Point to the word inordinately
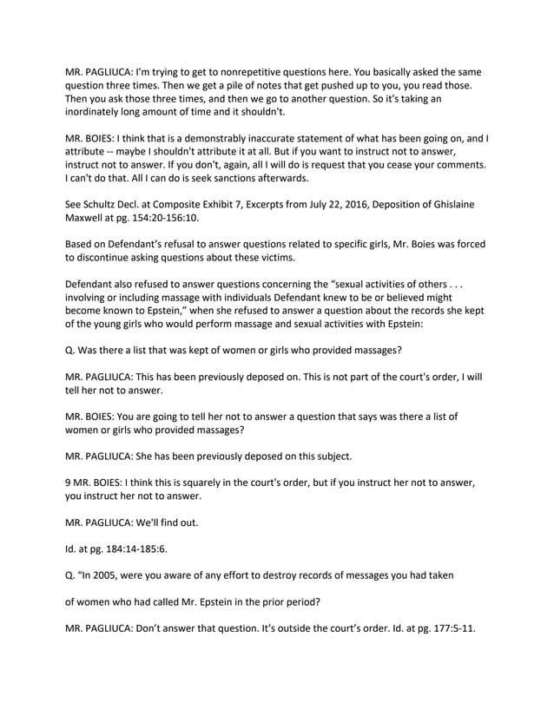coord(101,113)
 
